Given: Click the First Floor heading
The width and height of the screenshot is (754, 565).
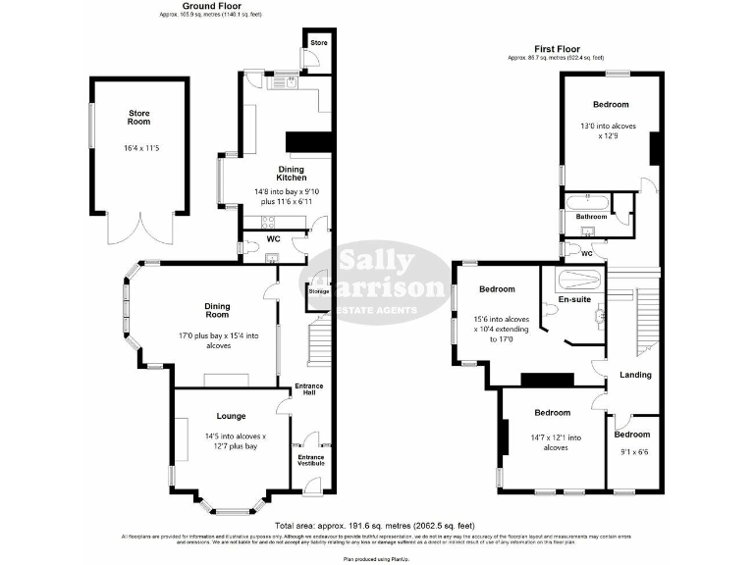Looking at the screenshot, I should (x=557, y=49).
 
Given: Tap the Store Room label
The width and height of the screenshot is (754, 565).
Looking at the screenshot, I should (x=138, y=118).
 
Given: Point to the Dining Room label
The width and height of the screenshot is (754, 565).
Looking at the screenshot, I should (x=217, y=311).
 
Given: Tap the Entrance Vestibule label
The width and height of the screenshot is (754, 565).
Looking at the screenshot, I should (x=310, y=460).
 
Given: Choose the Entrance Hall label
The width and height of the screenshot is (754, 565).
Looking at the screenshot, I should (x=309, y=389).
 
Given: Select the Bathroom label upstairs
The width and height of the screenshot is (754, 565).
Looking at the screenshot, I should (x=591, y=217).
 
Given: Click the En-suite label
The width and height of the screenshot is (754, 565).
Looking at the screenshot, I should (x=574, y=298).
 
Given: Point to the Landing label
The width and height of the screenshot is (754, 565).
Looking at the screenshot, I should (x=635, y=375).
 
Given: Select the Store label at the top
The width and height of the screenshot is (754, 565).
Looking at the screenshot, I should (x=319, y=43).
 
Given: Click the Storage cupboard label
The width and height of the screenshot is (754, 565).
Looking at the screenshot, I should (x=318, y=291).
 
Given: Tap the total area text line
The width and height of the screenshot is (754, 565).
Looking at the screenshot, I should (x=376, y=526).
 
